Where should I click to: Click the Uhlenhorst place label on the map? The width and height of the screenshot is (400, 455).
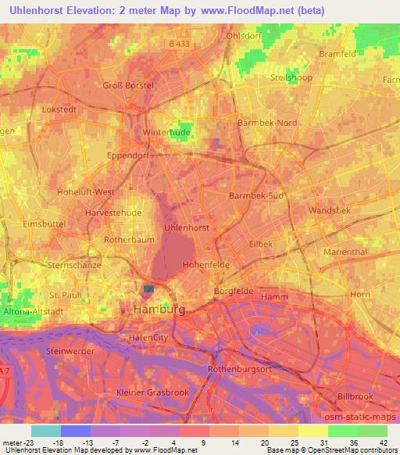coord(186,227)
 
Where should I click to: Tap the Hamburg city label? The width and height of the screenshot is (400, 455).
coord(160,310)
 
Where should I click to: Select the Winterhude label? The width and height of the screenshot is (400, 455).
coord(167,133)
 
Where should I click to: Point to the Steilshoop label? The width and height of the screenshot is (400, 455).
coord(313,78)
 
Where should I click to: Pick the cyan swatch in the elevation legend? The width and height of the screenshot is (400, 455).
coord(45,431)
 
